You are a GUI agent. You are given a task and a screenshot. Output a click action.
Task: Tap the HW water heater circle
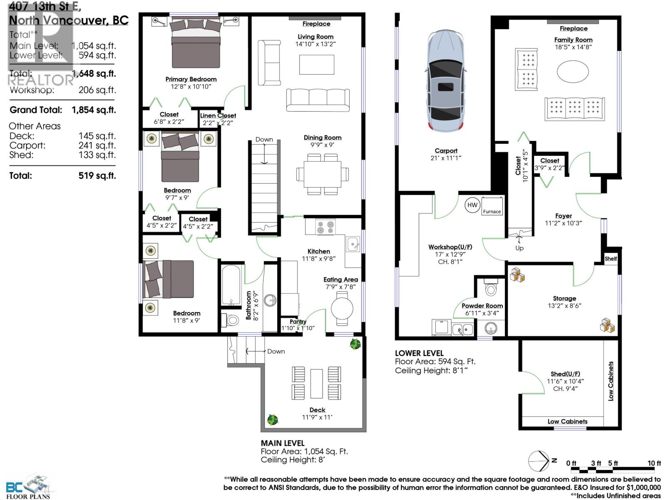pos(472,205)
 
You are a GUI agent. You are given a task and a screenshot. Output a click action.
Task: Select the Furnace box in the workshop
pos(492,206)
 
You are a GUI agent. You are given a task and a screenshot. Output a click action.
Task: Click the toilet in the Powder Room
pos(491,288)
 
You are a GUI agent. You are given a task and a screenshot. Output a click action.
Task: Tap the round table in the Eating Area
pos(342,309)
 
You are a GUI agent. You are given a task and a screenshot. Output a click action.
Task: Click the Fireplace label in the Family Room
pos(573,29)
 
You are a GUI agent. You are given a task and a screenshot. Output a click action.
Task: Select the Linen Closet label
pos(218,116)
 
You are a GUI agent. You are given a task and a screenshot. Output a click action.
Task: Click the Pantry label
pos(298,321)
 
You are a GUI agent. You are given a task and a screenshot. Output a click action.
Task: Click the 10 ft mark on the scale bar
pos(654,463)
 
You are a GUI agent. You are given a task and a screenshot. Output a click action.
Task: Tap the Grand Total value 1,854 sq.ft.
pos(94,110)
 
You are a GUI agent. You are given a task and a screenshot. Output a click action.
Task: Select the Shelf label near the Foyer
pos(611,259)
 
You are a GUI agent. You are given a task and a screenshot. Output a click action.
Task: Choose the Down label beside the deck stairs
pos(276,351)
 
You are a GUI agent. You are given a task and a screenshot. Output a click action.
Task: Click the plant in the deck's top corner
pos(355,344)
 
